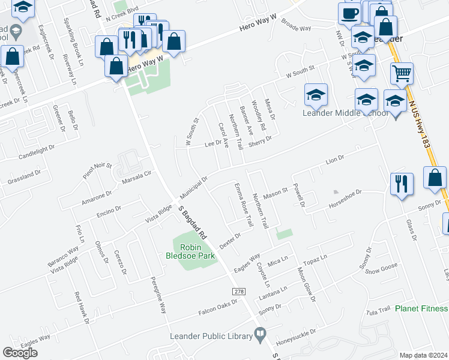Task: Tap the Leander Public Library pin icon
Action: click(x=260, y=333)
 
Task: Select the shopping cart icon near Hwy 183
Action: click(x=402, y=73)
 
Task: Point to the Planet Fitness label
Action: click(x=421, y=309)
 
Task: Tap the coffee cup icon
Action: click(x=349, y=13)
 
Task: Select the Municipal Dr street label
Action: click(x=193, y=188)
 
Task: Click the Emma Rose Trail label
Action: click(x=242, y=205)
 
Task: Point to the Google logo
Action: click(x=20, y=352)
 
